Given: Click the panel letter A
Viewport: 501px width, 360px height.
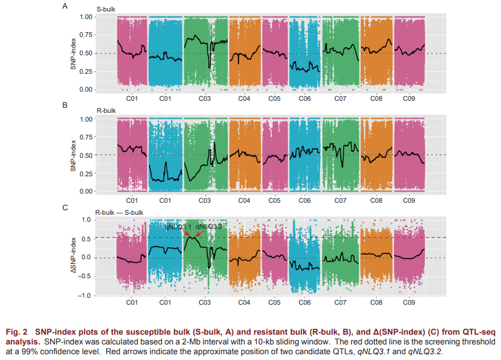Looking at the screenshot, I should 64,6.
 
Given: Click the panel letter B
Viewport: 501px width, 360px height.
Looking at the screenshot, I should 64,105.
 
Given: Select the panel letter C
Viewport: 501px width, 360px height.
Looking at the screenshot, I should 64,207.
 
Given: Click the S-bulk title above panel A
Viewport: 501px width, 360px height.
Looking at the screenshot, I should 105,10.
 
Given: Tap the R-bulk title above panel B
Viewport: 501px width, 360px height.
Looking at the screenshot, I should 105,110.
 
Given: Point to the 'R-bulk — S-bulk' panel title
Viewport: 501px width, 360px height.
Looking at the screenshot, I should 119,212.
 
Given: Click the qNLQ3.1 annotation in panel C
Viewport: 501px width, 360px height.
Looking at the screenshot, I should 178,227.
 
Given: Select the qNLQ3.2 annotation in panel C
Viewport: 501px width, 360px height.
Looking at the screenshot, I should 208,227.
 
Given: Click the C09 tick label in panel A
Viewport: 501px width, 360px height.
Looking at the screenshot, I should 408,99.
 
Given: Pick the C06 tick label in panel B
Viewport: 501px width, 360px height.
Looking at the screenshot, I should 305,200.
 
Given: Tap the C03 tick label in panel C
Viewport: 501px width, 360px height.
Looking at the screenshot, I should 204,302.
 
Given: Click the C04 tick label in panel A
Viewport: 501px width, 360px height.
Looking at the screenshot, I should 244,99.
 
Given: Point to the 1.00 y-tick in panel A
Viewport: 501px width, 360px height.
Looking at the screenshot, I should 85,17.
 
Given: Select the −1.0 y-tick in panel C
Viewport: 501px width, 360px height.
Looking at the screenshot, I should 85,295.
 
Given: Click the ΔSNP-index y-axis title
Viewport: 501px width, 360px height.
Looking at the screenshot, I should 73,257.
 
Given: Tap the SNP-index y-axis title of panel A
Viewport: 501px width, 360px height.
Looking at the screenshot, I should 73,54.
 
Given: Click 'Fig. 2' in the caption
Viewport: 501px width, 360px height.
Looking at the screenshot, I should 17,333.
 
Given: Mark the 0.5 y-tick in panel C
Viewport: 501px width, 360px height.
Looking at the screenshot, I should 86,238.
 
